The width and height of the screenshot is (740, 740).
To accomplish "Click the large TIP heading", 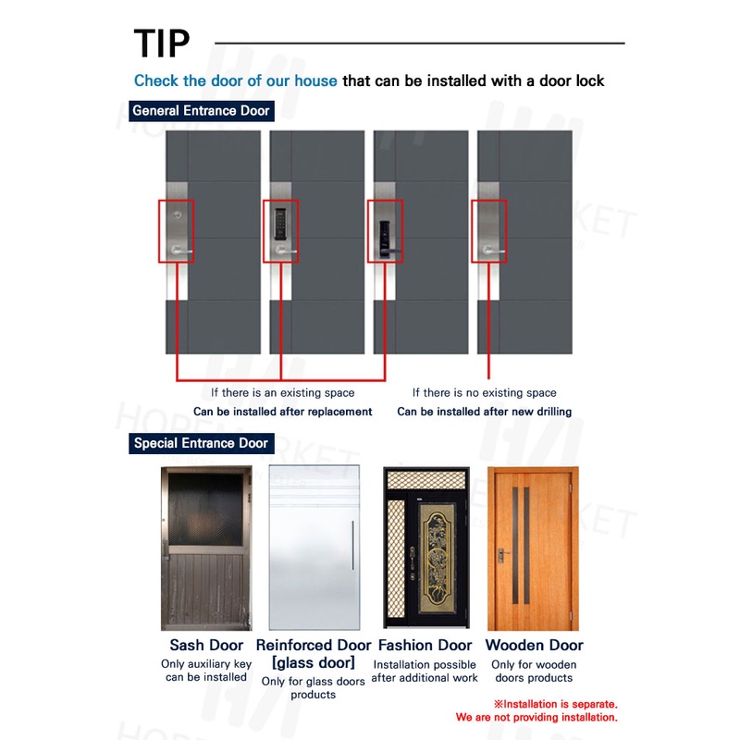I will click(x=162, y=43).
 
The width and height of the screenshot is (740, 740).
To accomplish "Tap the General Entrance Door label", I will click(x=201, y=111).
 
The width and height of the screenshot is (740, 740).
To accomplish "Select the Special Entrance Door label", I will click(x=201, y=443).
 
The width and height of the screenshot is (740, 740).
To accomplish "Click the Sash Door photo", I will click(x=206, y=548).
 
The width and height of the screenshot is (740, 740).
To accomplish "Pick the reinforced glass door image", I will click(x=314, y=548).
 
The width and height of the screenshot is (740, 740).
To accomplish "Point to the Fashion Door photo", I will click(x=424, y=549).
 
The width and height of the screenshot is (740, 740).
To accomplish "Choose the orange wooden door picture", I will click(x=534, y=548).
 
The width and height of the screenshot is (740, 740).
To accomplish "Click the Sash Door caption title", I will click(x=206, y=645).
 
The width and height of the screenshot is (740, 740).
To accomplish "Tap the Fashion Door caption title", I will click(x=424, y=645).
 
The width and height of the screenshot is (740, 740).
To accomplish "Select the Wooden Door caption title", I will click(x=534, y=645).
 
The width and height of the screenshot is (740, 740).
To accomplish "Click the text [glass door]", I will click(x=313, y=662).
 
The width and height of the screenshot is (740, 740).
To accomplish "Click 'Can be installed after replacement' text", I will click(x=282, y=412).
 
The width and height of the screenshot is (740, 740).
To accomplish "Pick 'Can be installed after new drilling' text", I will click(x=484, y=412).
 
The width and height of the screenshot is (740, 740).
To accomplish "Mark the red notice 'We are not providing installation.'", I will click(x=536, y=717).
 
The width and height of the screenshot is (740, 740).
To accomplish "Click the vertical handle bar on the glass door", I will click(x=351, y=546).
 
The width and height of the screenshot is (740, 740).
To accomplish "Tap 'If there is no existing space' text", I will click(x=484, y=393).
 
